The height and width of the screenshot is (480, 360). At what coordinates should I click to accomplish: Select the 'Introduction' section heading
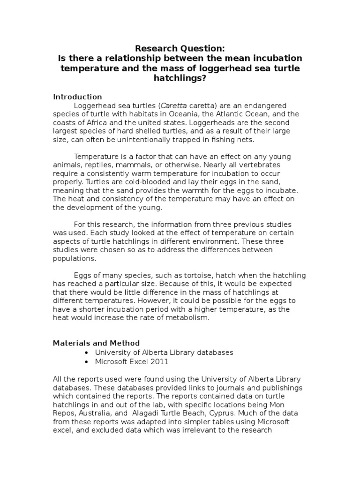pyautogui.click(x=77, y=97)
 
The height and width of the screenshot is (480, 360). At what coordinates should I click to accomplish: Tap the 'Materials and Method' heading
pyautogui.click(x=96, y=343)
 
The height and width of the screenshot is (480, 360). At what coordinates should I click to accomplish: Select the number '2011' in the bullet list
pyautogui.click(x=159, y=361)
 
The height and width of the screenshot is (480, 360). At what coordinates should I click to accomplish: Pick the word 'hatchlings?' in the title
pyautogui.click(x=180, y=79)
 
